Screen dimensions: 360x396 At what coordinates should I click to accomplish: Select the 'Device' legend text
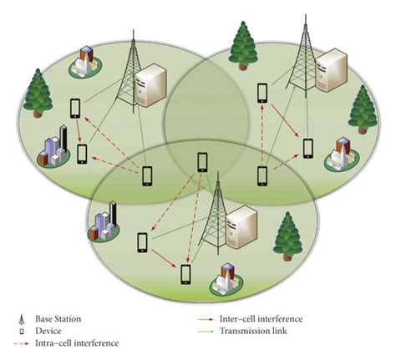coord(48,331)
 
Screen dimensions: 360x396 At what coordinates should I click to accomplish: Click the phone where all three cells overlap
coord(201,162)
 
